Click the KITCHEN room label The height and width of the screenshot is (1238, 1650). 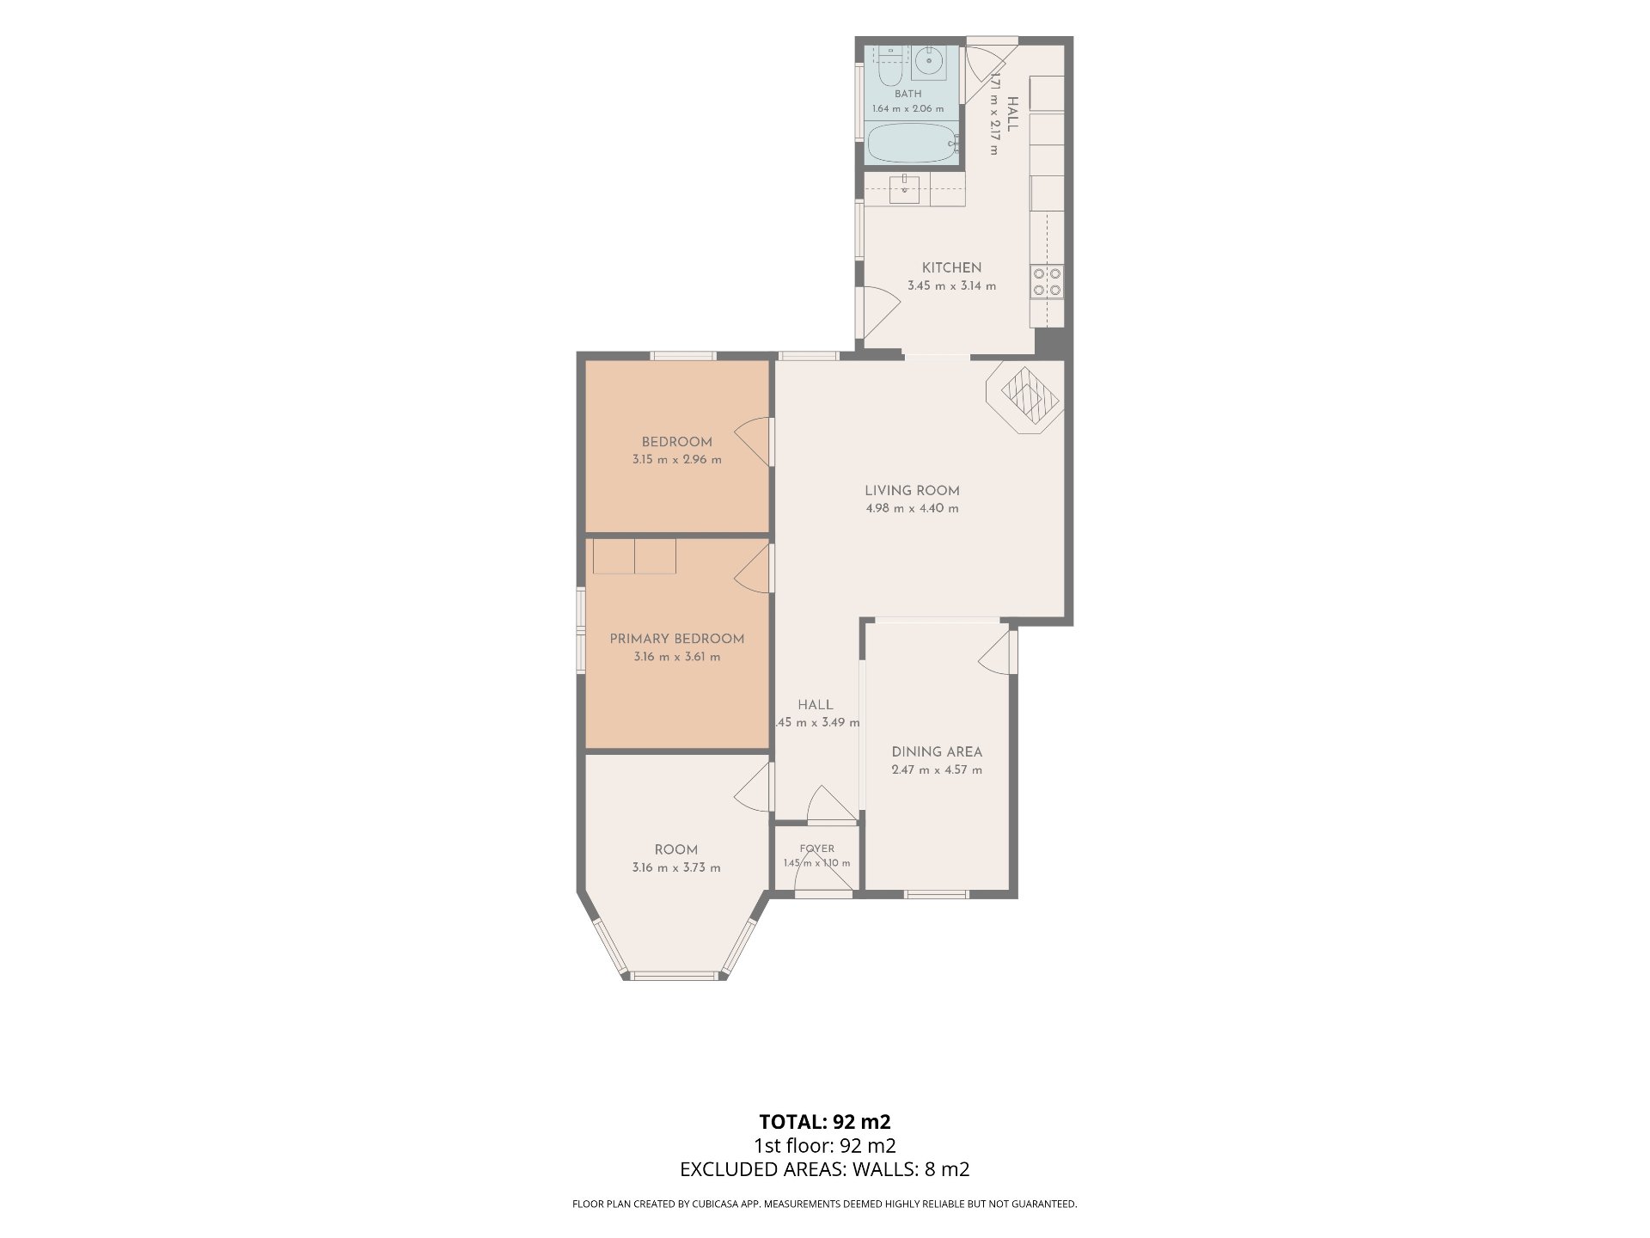(951, 267)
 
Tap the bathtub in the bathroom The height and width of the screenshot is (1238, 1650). (911, 143)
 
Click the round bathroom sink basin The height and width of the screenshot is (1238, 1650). (928, 62)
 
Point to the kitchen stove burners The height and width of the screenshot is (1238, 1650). (1048, 281)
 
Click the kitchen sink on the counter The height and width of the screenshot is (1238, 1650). (904, 190)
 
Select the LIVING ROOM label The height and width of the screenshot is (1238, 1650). (912, 491)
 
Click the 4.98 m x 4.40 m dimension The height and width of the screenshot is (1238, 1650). (912, 508)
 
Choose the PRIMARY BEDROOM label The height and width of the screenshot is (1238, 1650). (677, 639)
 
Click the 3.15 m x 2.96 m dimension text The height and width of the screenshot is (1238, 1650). (677, 459)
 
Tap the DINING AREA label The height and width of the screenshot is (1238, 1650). (937, 751)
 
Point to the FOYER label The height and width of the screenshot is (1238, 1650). (816, 849)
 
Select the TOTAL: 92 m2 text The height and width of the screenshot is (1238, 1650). (825, 1121)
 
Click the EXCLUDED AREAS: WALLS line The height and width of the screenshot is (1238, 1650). (825, 1169)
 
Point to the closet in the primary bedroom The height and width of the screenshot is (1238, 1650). (634, 556)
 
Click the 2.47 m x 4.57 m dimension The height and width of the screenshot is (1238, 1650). (937, 769)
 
